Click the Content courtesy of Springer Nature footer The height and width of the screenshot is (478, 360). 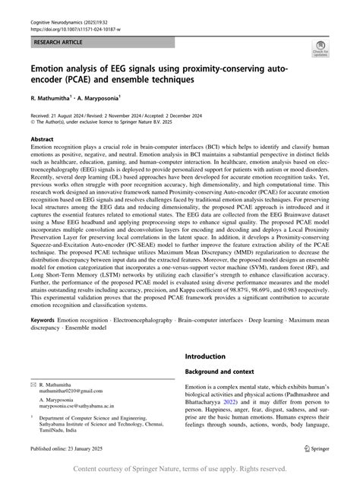[x=180, y=469]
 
